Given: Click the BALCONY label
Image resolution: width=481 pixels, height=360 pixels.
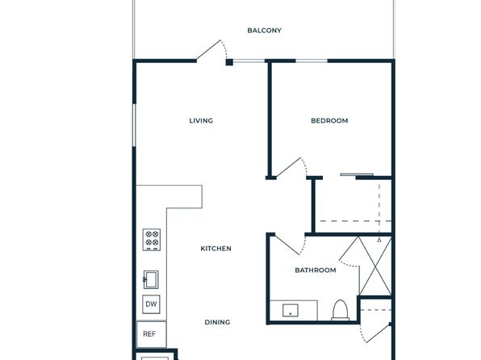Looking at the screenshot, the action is [264, 31].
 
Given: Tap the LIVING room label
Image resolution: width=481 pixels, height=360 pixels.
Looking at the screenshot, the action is [201, 120].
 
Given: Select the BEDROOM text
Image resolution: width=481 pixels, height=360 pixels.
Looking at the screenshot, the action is [329, 120].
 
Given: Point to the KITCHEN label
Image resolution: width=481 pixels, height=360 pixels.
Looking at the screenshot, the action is [216, 249].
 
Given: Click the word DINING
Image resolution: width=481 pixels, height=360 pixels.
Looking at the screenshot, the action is [217, 322].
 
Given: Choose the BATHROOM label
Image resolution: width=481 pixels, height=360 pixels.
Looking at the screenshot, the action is [316, 270].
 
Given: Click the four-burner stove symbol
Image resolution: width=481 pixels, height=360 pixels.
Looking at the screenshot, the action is [151, 240].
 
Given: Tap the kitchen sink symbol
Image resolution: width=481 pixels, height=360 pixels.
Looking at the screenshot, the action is [151, 279].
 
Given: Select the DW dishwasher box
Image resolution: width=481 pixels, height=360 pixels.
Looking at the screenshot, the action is [151, 304].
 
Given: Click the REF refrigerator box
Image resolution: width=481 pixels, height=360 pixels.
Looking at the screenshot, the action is [151, 334].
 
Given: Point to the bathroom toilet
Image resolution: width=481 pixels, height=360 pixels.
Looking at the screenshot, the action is [341, 310].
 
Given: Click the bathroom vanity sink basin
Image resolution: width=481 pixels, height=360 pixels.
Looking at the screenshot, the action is [291, 310].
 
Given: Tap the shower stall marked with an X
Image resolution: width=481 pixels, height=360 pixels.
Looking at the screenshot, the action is [375, 266].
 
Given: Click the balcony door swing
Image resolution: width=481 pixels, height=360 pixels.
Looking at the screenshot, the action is [211, 50].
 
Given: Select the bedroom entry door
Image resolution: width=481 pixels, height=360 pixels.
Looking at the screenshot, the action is [291, 167].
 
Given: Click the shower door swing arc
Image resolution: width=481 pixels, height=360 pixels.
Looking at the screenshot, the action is [349, 265].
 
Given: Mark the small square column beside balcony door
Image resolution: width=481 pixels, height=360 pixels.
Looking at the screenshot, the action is [229, 62].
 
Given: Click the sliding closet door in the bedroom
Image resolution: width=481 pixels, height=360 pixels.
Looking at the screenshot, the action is [357, 175].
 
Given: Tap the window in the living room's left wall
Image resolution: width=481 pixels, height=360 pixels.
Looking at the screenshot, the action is [134, 125].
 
